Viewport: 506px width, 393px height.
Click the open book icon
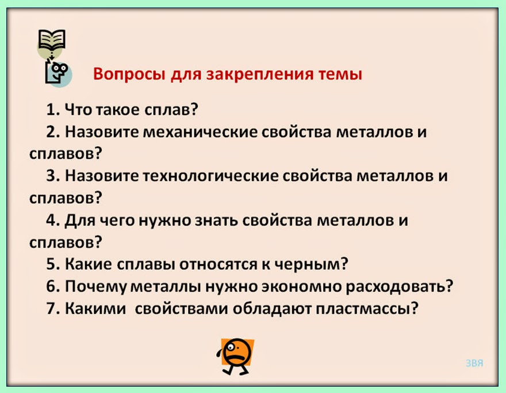[52, 40]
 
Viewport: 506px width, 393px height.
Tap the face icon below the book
[57, 73]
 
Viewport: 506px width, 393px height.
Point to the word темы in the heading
[340, 75]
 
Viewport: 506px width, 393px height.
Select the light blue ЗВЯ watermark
[474, 363]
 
